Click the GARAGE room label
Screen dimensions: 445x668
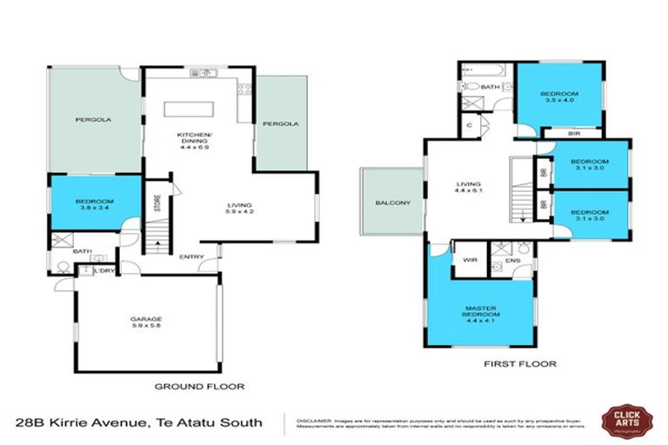coord(146,319)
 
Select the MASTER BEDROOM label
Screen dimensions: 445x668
coord(481,311)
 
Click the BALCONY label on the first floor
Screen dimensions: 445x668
coord(392,203)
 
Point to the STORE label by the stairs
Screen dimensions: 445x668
coord(157,203)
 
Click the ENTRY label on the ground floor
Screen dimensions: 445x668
coord(192,256)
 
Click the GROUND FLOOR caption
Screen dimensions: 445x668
coord(199,386)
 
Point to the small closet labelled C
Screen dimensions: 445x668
coord(469,126)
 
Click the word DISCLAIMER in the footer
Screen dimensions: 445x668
coord(314,417)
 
